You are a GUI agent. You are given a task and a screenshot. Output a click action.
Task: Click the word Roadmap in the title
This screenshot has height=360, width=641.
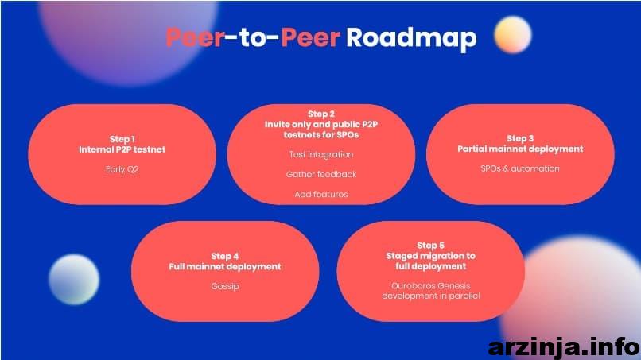411,38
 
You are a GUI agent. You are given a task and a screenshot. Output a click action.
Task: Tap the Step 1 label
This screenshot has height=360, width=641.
122,139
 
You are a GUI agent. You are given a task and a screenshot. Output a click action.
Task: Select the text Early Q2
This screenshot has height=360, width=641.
122,169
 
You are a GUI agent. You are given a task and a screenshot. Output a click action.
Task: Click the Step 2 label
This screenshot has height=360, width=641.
321,114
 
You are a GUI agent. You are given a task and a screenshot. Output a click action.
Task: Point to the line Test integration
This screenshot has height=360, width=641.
321,154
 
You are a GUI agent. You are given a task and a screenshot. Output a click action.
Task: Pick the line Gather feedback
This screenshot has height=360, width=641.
321,175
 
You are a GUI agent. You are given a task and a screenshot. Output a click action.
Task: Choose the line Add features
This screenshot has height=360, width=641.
321,195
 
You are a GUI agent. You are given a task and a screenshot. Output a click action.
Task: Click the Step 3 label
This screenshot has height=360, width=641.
520,138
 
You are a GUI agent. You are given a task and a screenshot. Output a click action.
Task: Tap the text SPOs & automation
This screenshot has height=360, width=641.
520,168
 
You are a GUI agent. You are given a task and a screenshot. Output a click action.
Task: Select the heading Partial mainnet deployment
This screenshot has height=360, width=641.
520,149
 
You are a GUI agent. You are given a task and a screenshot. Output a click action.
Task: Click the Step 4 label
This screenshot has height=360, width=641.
225,256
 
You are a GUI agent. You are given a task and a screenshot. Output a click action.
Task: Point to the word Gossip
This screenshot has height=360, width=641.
225,286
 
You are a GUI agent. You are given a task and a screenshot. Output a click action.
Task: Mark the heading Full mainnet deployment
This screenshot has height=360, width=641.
225,267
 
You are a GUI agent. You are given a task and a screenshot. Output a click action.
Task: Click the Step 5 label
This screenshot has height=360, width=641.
431,246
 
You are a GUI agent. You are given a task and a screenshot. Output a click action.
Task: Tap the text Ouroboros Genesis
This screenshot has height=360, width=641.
431,286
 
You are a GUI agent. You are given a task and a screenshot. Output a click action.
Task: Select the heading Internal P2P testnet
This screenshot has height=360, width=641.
122,149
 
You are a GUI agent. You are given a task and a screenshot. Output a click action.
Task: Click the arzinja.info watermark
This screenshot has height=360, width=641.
564,348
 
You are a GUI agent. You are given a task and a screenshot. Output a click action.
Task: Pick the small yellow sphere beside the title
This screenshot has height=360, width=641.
513,35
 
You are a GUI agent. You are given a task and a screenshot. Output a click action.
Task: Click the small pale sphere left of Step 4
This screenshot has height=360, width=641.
74,280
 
